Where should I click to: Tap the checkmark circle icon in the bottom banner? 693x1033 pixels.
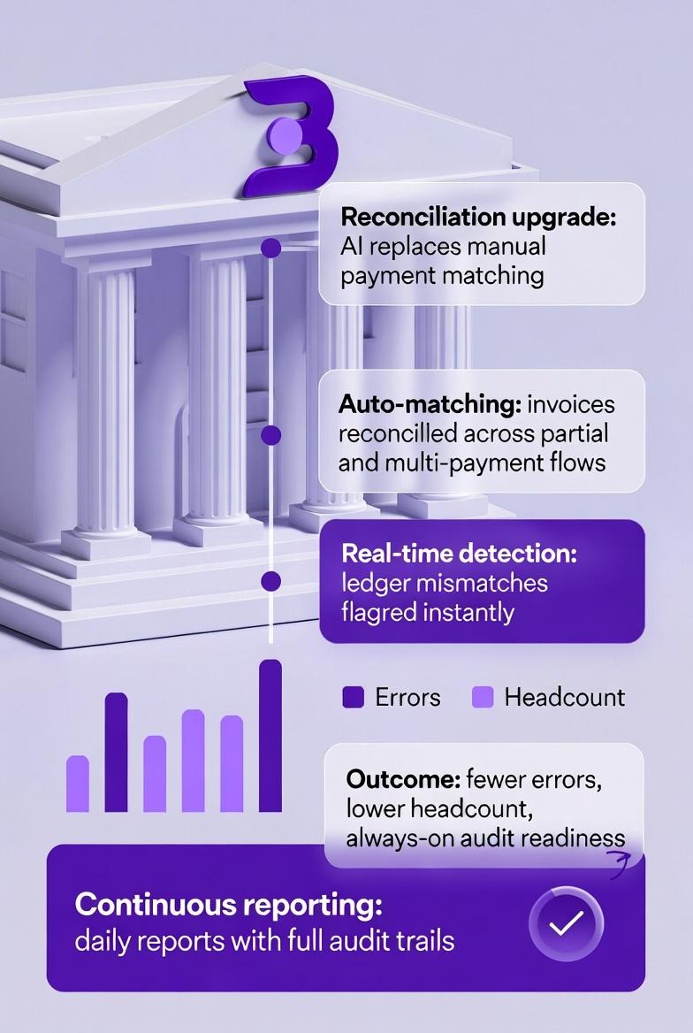coord(566,924)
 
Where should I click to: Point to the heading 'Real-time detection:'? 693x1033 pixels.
coord(458,555)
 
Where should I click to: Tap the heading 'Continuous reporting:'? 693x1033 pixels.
coord(229,905)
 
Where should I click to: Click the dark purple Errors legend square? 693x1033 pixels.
coord(353,698)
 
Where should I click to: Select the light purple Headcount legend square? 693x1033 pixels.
coord(482,698)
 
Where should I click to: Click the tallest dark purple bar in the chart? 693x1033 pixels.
coord(270,736)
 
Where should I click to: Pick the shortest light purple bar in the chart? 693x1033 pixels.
coord(78,784)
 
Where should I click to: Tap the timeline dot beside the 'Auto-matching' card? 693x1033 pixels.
coord(271,435)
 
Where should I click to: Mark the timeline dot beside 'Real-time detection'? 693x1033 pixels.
coord(271,581)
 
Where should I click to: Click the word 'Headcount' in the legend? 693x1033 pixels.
coord(564,697)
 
